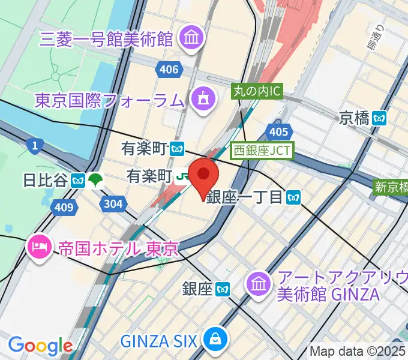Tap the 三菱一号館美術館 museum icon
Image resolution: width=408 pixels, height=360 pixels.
(194, 38)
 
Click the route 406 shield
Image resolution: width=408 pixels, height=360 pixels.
(170, 70)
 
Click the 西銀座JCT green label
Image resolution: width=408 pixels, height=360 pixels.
(262, 149)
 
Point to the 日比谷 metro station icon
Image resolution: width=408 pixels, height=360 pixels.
(77, 179)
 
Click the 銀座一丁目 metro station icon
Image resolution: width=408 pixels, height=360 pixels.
(293, 196)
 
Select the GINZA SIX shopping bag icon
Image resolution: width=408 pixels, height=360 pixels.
(214, 340)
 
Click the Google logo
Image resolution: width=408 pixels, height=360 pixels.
(40, 346)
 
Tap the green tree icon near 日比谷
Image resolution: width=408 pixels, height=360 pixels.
(95, 179)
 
